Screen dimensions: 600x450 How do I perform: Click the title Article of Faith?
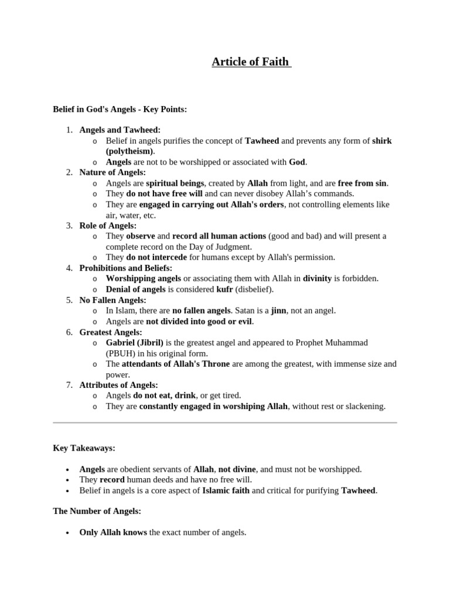251,62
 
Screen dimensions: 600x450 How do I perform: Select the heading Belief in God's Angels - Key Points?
120,109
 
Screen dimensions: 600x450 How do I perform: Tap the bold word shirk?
381,141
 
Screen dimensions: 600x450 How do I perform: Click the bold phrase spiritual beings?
175,183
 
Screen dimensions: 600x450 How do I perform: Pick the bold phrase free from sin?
362,183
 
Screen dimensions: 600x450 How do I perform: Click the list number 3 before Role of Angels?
69,226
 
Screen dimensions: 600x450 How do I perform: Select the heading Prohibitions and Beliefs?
125,268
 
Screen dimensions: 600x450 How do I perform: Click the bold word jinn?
278,311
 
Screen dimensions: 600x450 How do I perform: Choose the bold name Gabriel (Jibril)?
135,342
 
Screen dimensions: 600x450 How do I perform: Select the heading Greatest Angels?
111,332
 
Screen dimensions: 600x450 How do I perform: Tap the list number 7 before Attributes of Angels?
69,385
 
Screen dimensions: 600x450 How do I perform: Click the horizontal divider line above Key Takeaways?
225,422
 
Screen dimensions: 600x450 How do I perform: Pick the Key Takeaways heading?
84,448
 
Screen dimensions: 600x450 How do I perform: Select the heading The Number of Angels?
97,511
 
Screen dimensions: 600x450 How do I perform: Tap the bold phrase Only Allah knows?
113,533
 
